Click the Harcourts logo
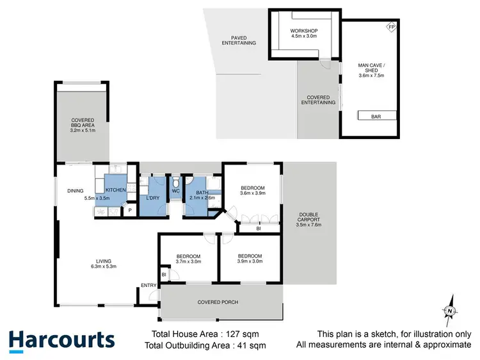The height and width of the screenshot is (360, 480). (61, 340)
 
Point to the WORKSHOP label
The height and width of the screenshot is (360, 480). (304, 31)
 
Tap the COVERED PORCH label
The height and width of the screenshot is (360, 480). (218, 302)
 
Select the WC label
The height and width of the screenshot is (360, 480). (175, 190)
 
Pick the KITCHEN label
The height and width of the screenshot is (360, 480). (115, 190)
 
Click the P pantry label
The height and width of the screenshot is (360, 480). (129, 209)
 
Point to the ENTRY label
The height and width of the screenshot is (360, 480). (148, 286)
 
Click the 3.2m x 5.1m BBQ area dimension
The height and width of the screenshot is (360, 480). (83, 130)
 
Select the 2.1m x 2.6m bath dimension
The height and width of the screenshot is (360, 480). (202, 198)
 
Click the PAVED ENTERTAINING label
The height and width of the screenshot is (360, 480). (239, 40)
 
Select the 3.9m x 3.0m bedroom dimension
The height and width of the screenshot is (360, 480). (250, 261)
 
